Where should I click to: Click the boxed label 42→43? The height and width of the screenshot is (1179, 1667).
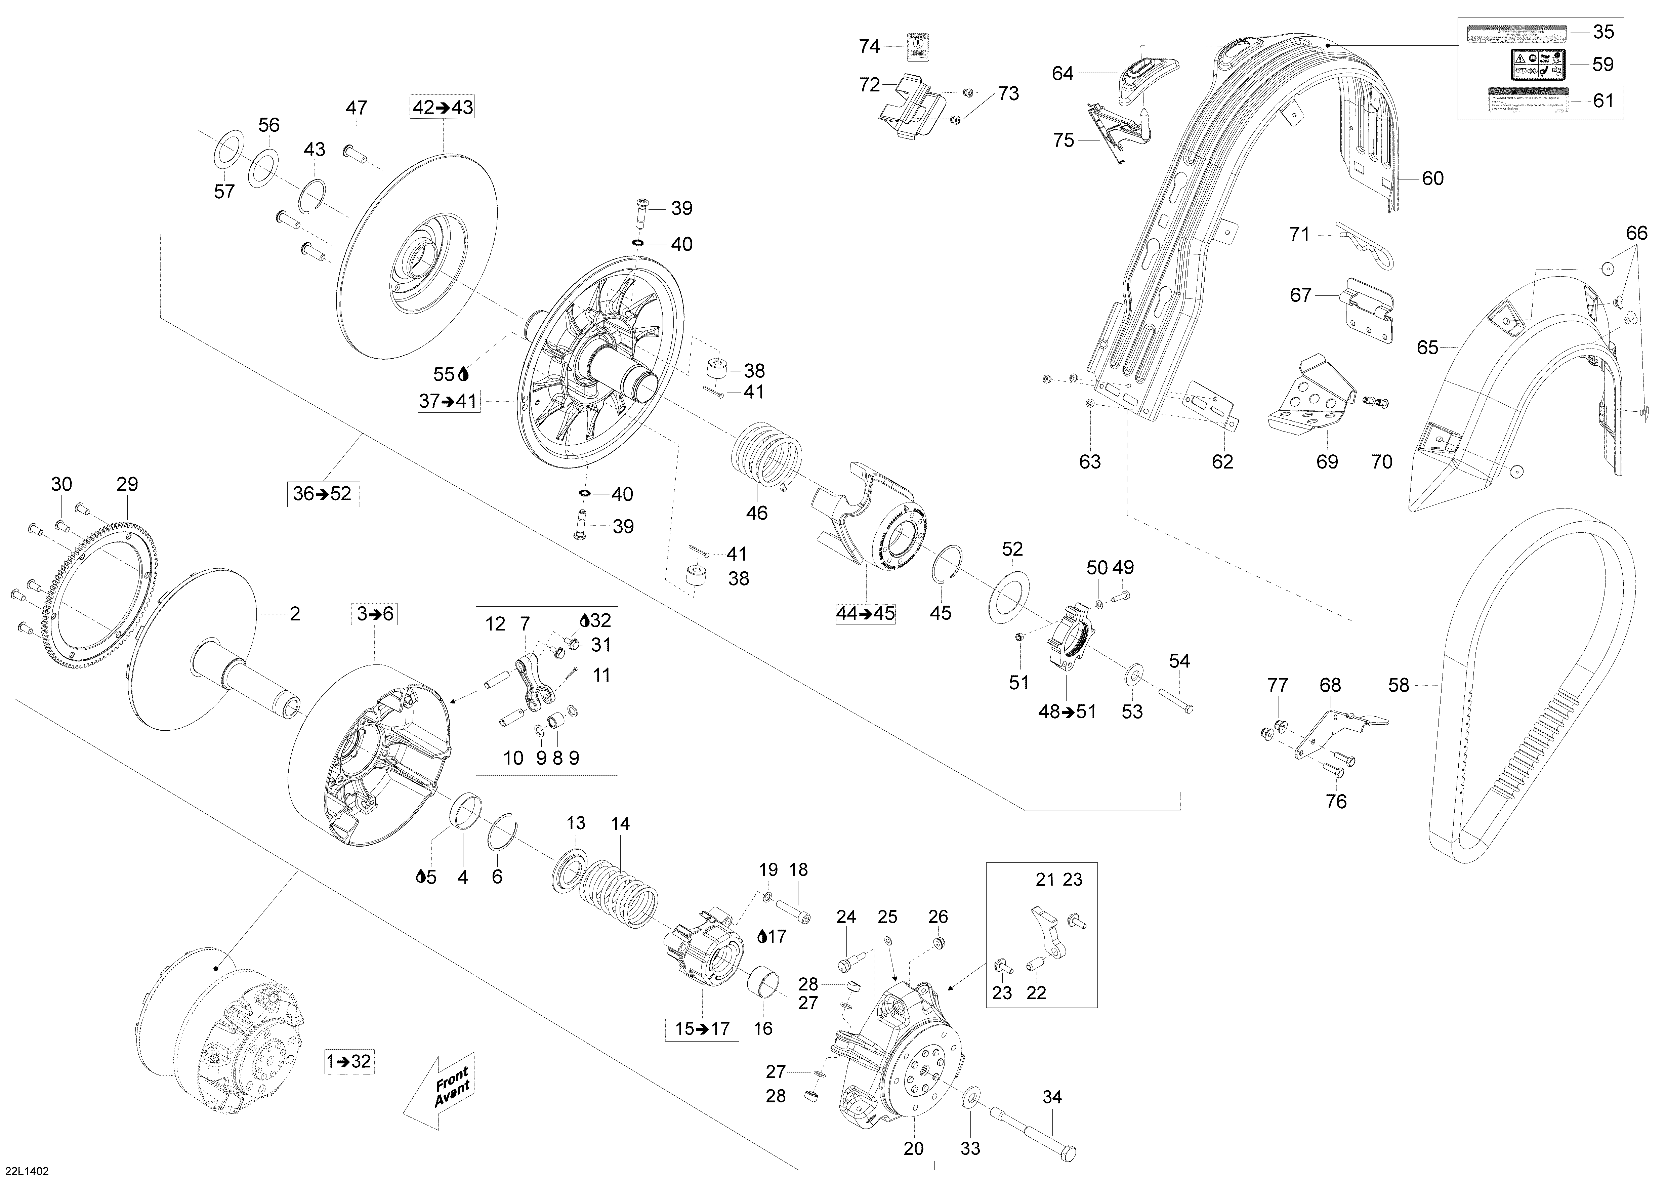coord(443,108)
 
